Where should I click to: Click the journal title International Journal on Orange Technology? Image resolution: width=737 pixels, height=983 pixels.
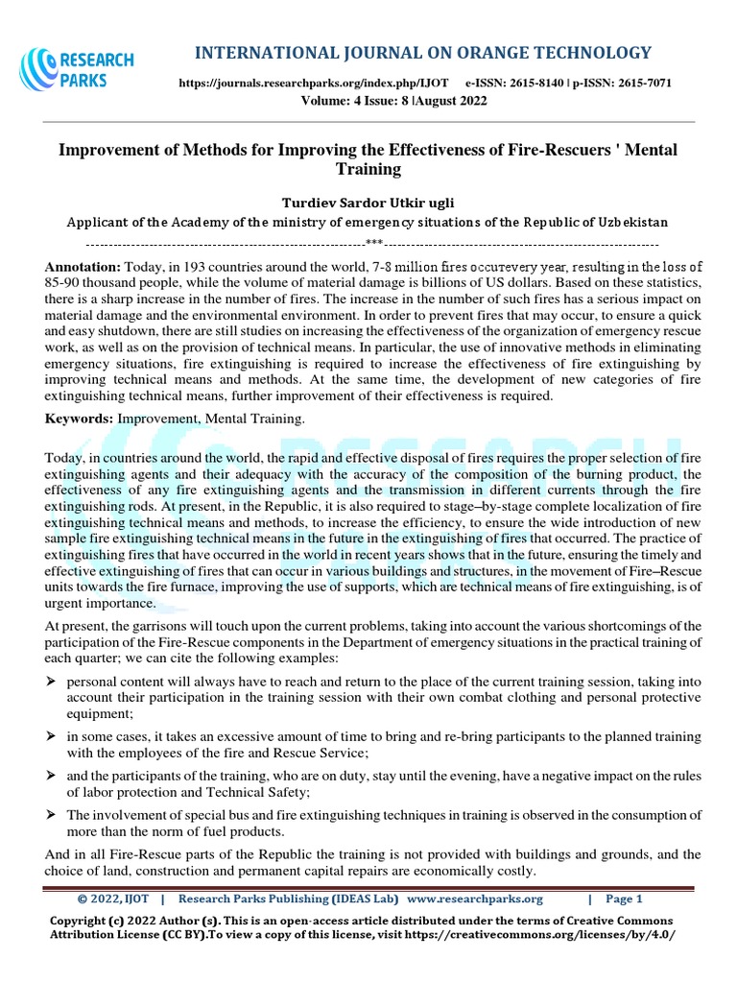point(422,52)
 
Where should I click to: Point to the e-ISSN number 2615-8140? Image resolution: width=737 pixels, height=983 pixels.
point(543,84)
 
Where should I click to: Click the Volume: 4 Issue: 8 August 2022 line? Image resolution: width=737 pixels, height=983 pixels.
point(393,102)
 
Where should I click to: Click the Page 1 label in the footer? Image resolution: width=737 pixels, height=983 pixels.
point(624,899)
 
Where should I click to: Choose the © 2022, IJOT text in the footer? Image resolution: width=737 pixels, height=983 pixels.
point(113,899)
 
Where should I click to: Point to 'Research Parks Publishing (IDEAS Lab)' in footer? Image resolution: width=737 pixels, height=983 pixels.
point(289,899)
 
